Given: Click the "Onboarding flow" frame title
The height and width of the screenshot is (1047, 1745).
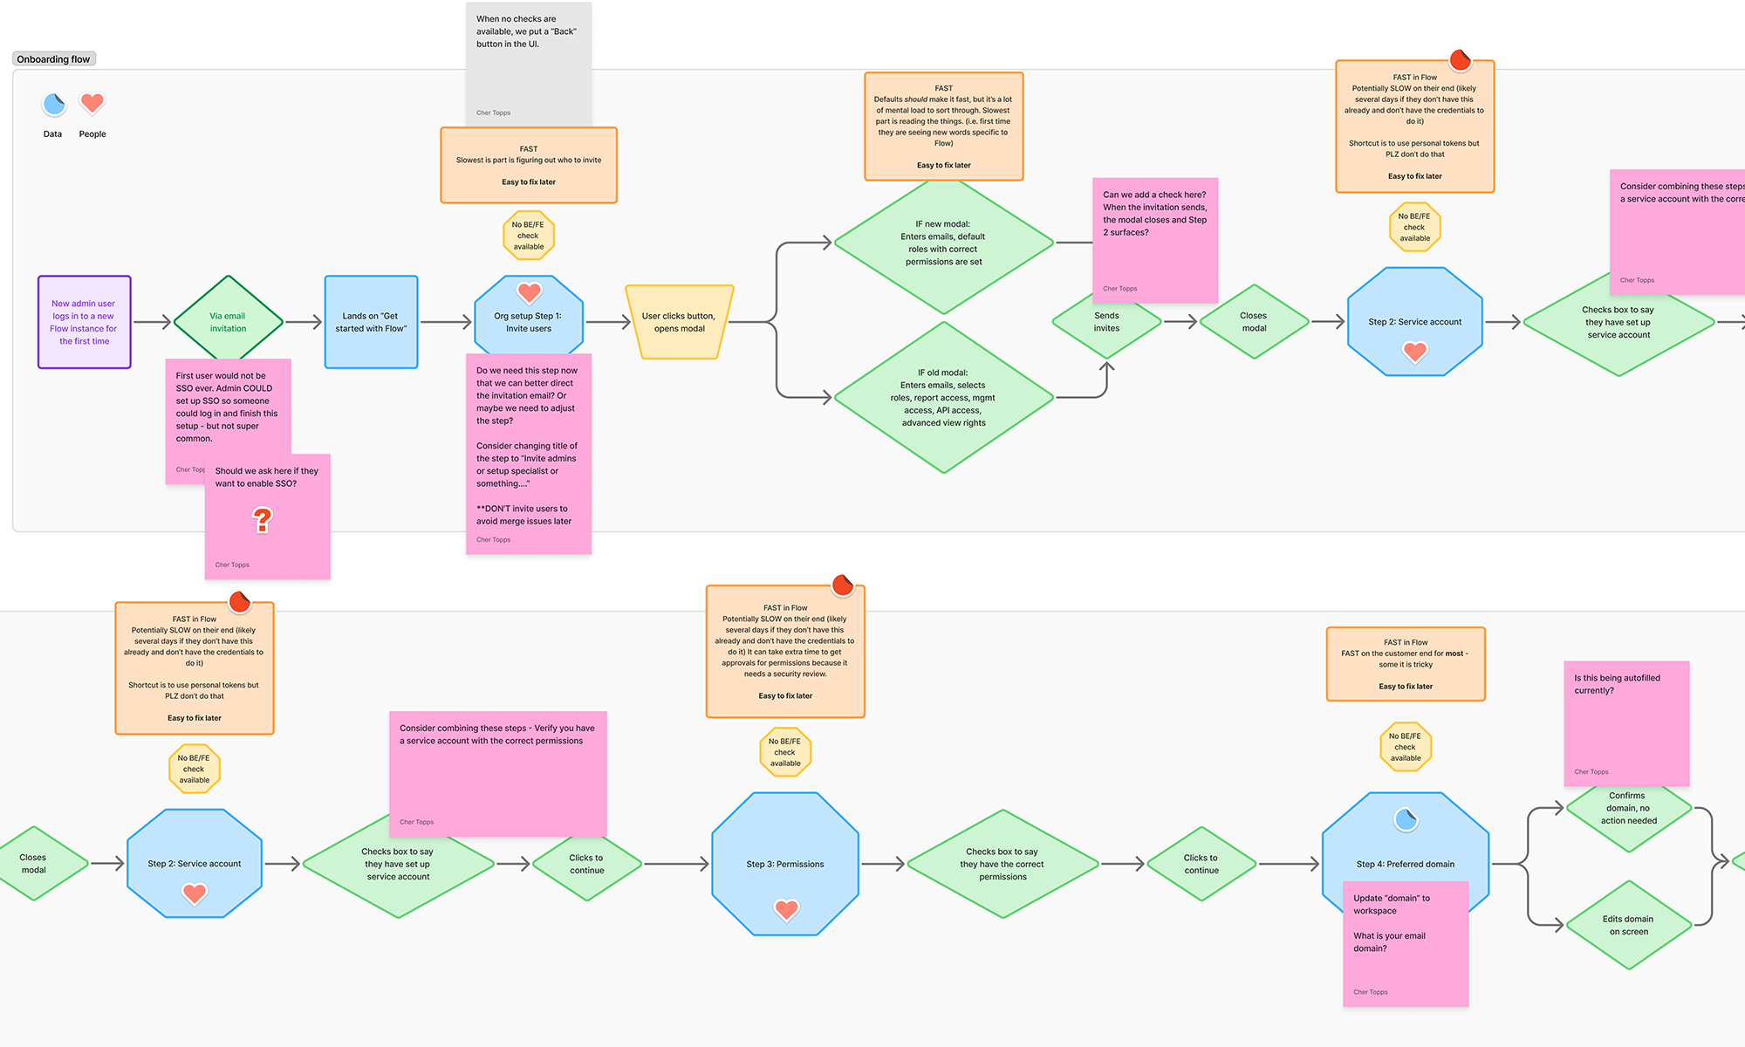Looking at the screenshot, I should (x=53, y=59).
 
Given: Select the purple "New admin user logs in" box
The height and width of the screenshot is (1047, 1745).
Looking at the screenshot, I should (x=84, y=322).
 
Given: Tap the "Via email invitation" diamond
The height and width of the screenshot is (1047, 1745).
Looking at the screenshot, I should (x=228, y=322).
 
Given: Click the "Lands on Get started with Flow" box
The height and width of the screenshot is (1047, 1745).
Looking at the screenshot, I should (x=371, y=322).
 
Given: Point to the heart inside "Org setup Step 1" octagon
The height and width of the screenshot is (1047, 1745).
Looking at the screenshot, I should (x=530, y=292).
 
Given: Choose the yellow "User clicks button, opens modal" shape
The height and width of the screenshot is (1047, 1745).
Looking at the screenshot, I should (x=679, y=322).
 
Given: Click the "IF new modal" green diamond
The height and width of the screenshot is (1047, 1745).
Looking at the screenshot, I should (x=943, y=243).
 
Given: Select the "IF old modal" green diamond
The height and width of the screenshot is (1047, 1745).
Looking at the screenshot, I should (x=943, y=398).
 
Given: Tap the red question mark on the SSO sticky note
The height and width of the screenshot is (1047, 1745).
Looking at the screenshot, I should (x=263, y=521).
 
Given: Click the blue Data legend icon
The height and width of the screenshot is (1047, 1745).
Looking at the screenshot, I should (x=54, y=105).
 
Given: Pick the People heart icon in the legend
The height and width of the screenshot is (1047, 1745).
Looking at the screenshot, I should (x=92, y=103).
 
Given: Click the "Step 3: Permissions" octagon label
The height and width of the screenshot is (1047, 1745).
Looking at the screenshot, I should (x=785, y=865).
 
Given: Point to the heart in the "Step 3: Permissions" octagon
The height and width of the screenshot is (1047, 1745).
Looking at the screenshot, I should (x=786, y=910).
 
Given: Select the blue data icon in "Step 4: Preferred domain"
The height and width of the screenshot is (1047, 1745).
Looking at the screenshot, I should (x=1406, y=819).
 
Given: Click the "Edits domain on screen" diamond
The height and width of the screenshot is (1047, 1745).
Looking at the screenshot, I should (x=1628, y=925).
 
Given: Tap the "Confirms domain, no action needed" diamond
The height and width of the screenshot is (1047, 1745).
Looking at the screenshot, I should (x=1628, y=809).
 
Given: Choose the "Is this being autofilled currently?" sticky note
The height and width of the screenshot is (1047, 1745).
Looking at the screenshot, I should (x=1626, y=722).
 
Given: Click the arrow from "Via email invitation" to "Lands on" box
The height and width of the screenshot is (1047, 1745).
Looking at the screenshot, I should (x=304, y=323).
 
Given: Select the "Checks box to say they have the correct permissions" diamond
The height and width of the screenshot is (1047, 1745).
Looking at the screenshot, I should (x=1003, y=864).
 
